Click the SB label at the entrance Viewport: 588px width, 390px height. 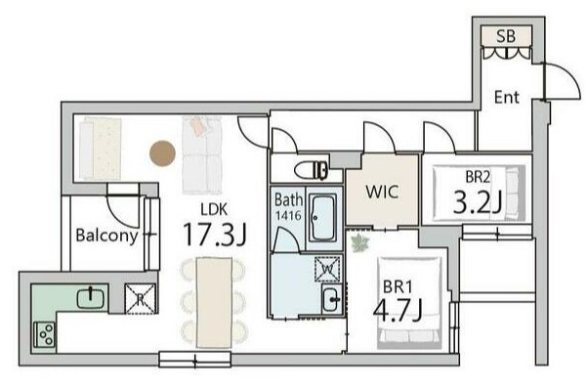tap(506, 36)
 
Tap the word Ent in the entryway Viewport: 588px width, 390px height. tap(507, 97)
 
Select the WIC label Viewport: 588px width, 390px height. tap(382, 192)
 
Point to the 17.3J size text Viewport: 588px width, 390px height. tap(214, 235)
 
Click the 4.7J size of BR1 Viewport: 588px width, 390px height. tap(398, 310)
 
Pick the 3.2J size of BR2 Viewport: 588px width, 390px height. tap(477, 202)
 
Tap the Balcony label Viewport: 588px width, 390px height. tap(106, 236)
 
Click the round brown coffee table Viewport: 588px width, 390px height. tap(162, 153)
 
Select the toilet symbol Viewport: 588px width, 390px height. tap(311, 170)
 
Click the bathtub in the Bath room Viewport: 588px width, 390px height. tap(323, 219)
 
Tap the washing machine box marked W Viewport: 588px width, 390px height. tap(327, 269)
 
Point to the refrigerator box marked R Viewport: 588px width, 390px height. tap(140, 299)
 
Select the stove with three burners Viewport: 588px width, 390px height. tap(45, 335)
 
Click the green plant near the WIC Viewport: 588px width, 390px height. tap(360, 242)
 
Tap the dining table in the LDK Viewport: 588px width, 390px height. tap(214, 303)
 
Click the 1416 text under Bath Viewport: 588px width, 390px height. tap(288, 215)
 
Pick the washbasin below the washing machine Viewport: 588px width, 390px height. tap(331, 299)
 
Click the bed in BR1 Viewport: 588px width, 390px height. tap(409, 303)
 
